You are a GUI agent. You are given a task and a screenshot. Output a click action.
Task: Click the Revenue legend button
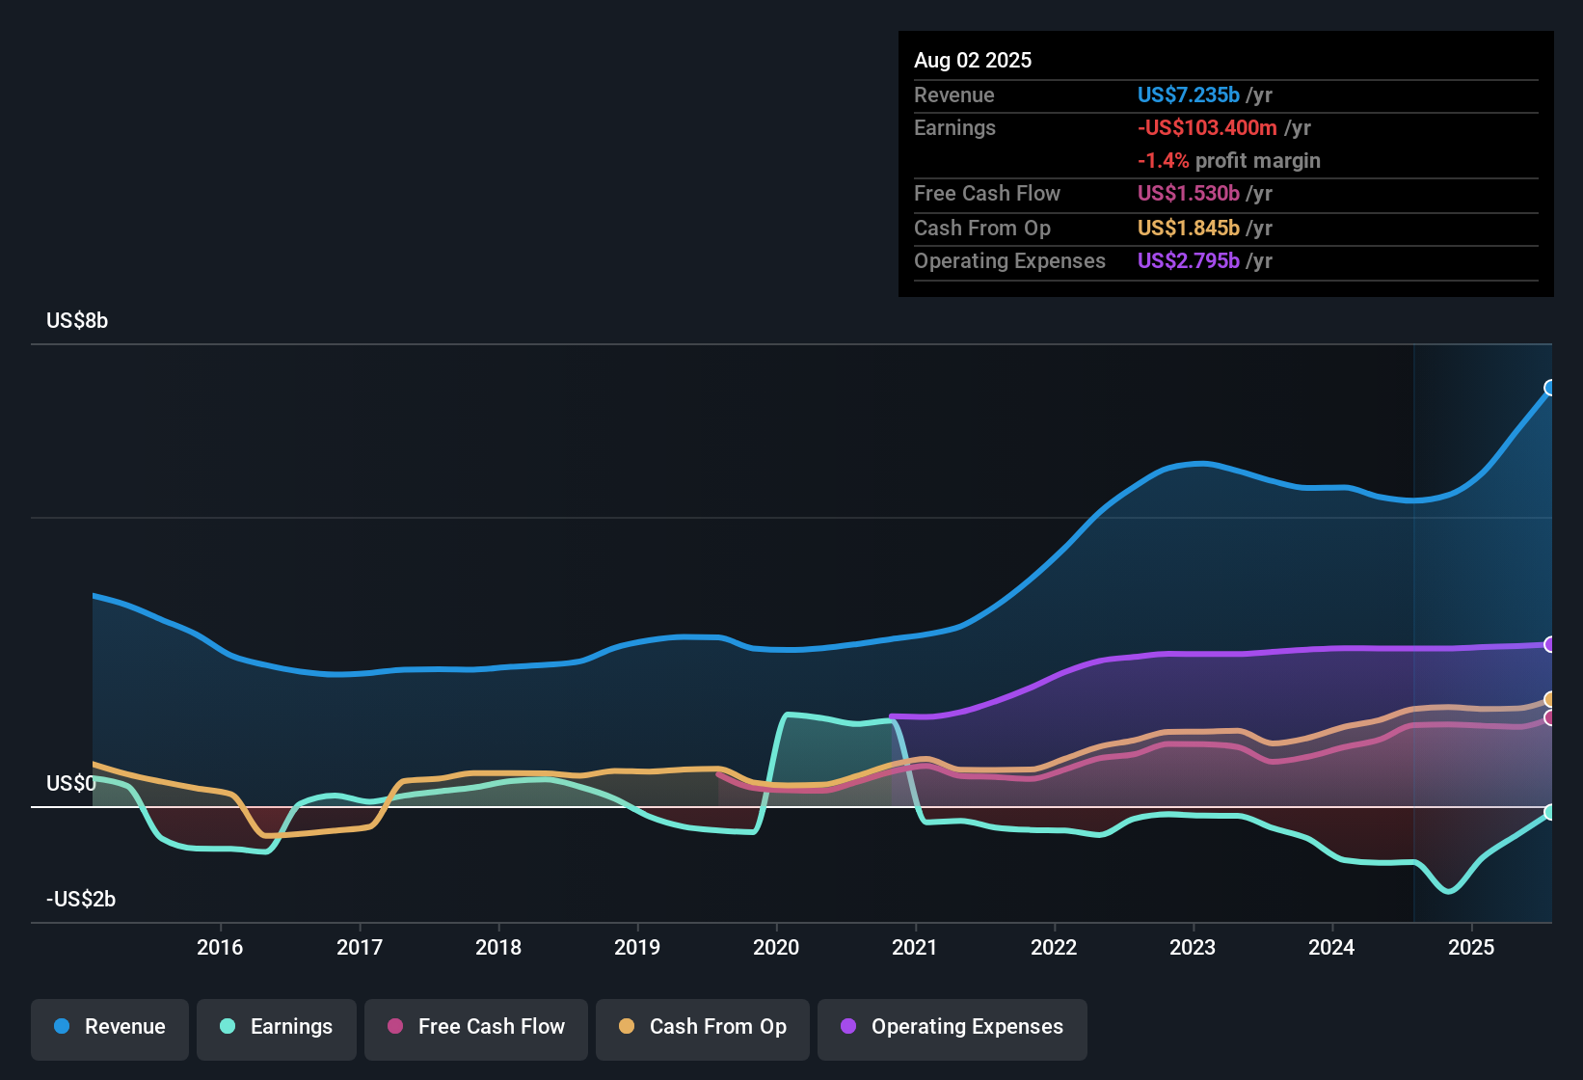110,1027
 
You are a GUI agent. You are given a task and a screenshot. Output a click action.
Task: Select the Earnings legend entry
277,1027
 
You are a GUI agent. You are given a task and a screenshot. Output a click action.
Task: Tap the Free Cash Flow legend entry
476,1027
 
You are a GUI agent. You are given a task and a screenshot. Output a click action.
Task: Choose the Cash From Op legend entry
703,1027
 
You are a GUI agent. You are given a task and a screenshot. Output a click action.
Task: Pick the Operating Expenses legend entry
952,1027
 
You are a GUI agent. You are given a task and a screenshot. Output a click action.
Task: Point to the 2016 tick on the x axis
220,947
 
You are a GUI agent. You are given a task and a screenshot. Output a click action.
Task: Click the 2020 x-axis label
776,947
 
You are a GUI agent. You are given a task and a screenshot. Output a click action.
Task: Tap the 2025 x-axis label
1471,947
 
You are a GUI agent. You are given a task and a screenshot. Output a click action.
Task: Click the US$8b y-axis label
77,321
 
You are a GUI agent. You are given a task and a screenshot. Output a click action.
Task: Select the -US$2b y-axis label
81,900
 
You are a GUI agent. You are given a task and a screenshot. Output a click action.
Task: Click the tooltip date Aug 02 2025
973,61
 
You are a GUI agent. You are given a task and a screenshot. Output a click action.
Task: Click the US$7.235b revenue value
1188,95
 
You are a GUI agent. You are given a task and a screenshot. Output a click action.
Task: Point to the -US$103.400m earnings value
1207,128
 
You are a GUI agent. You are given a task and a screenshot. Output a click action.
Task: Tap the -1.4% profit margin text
1228,161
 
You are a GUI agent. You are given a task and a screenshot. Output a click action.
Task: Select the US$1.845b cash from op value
1188,229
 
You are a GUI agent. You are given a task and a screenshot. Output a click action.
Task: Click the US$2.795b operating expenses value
1188,261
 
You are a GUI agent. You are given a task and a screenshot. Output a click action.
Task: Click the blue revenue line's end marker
1550,388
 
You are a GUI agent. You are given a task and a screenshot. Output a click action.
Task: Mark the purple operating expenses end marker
1550,644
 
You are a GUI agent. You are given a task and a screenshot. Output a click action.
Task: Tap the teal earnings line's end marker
1550,812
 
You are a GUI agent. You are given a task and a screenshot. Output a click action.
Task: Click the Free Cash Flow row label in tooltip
987,194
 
